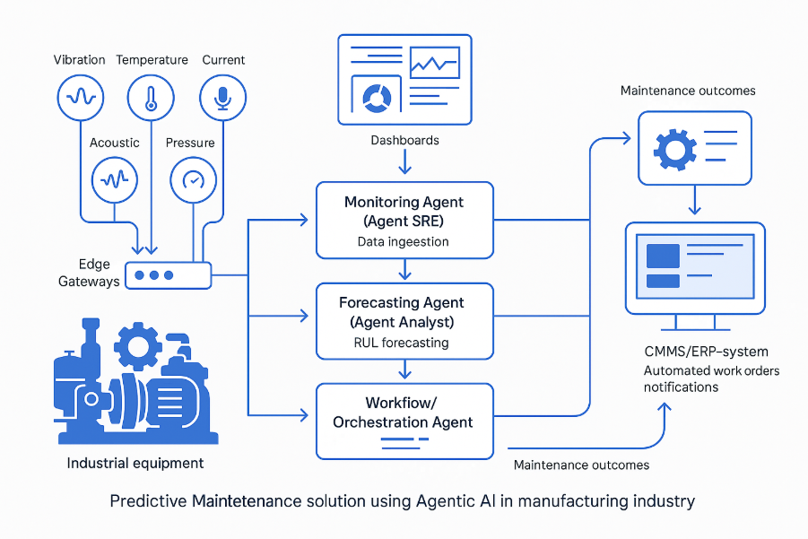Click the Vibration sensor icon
point(81,97)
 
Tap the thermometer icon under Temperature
point(152,97)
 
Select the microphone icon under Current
point(222,97)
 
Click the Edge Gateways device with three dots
point(168,275)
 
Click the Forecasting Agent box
point(404,320)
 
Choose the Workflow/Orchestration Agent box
point(404,421)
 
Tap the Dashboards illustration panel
point(404,79)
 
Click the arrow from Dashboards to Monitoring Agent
point(404,162)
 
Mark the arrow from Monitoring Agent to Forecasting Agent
point(404,269)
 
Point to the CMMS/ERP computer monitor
point(694,268)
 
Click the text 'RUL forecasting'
point(404,342)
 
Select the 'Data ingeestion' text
point(404,241)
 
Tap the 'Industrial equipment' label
point(135,464)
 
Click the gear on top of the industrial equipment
point(139,343)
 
